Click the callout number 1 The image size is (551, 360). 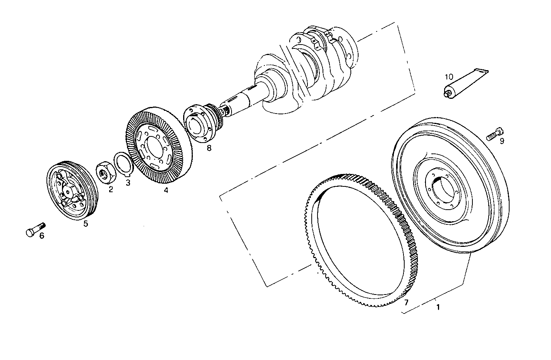pyautogui.click(x=438, y=307)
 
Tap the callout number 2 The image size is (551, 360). pyautogui.click(x=111, y=189)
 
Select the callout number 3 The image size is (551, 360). pyautogui.click(x=128, y=183)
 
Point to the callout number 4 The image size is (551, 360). pyautogui.click(x=166, y=190)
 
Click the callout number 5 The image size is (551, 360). pyautogui.click(x=86, y=223)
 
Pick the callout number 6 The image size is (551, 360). pyautogui.click(x=42, y=235)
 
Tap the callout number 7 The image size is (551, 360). pyautogui.click(x=406, y=302)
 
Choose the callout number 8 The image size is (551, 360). pyautogui.click(x=209, y=148)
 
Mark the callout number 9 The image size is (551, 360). pyautogui.click(x=502, y=141)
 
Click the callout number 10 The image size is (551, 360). pyautogui.click(x=449, y=77)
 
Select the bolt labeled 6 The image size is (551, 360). pyautogui.click(x=35, y=229)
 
